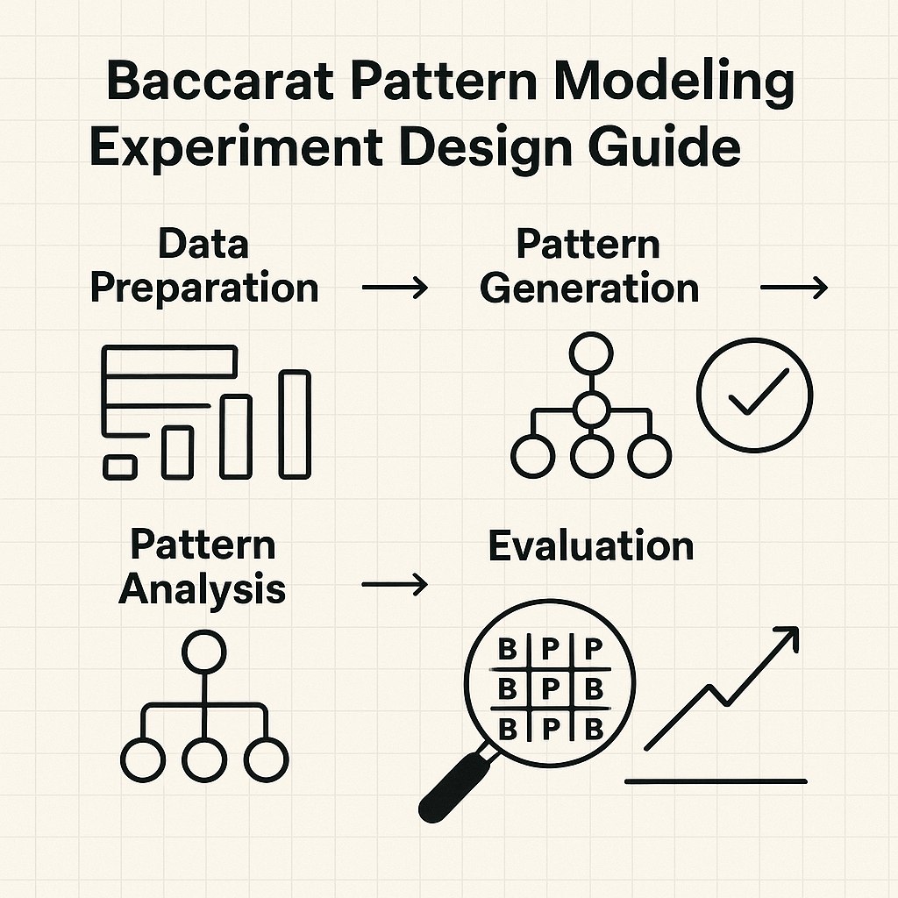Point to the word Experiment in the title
(x=236, y=148)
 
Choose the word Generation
(x=589, y=288)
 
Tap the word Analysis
(x=202, y=590)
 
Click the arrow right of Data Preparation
(x=396, y=287)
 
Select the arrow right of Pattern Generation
(x=794, y=287)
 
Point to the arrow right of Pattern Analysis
(x=396, y=585)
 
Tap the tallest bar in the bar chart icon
(x=295, y=424)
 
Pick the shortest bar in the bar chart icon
(x=120, y=467)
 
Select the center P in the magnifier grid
(x=550, y=689)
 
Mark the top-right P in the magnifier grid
(x=594, y=650)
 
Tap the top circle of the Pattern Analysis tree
(x=203, y=652)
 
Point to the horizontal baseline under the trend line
(x=716, y=781)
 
